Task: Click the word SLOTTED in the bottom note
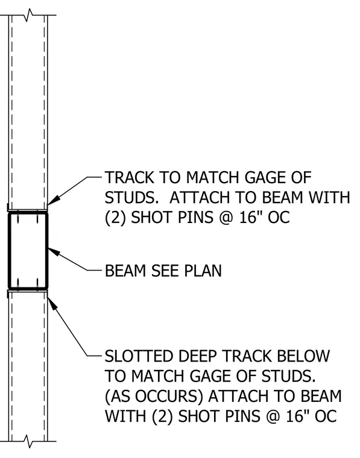[139, 357]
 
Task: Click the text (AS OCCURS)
[154, 397]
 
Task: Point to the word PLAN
[203, 271]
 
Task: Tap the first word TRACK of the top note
[129, 178]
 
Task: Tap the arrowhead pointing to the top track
[54, 200]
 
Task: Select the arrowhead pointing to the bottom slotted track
[52, 304]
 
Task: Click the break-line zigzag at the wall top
[28, 15]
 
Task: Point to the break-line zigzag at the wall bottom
[28, 441]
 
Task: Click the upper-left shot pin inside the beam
[17, 218]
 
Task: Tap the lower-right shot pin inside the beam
[37, 283]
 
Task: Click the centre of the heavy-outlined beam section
[28, 251]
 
